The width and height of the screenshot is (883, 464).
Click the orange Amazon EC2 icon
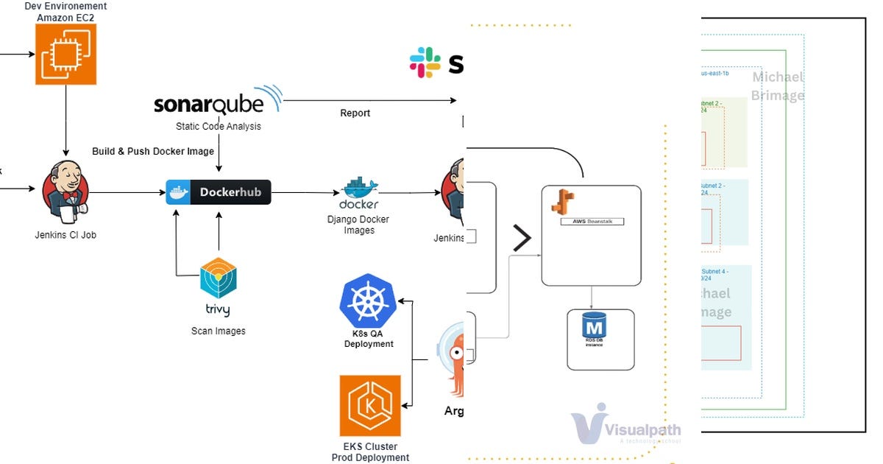65,54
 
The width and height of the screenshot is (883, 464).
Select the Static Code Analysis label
218,127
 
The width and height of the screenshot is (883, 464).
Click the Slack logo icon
425,63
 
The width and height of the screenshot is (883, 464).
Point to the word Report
355,113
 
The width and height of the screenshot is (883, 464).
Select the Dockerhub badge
219,193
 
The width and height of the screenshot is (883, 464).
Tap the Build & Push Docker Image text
153,152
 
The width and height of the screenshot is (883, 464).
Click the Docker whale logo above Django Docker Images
358,193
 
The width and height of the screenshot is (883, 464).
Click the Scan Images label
219,331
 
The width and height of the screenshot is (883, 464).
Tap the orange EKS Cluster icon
370,406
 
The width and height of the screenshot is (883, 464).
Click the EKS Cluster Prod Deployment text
370,452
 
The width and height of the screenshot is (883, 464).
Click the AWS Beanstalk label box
592,221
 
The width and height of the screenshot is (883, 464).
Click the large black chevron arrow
521,238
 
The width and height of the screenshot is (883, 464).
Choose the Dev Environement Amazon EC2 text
65,11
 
